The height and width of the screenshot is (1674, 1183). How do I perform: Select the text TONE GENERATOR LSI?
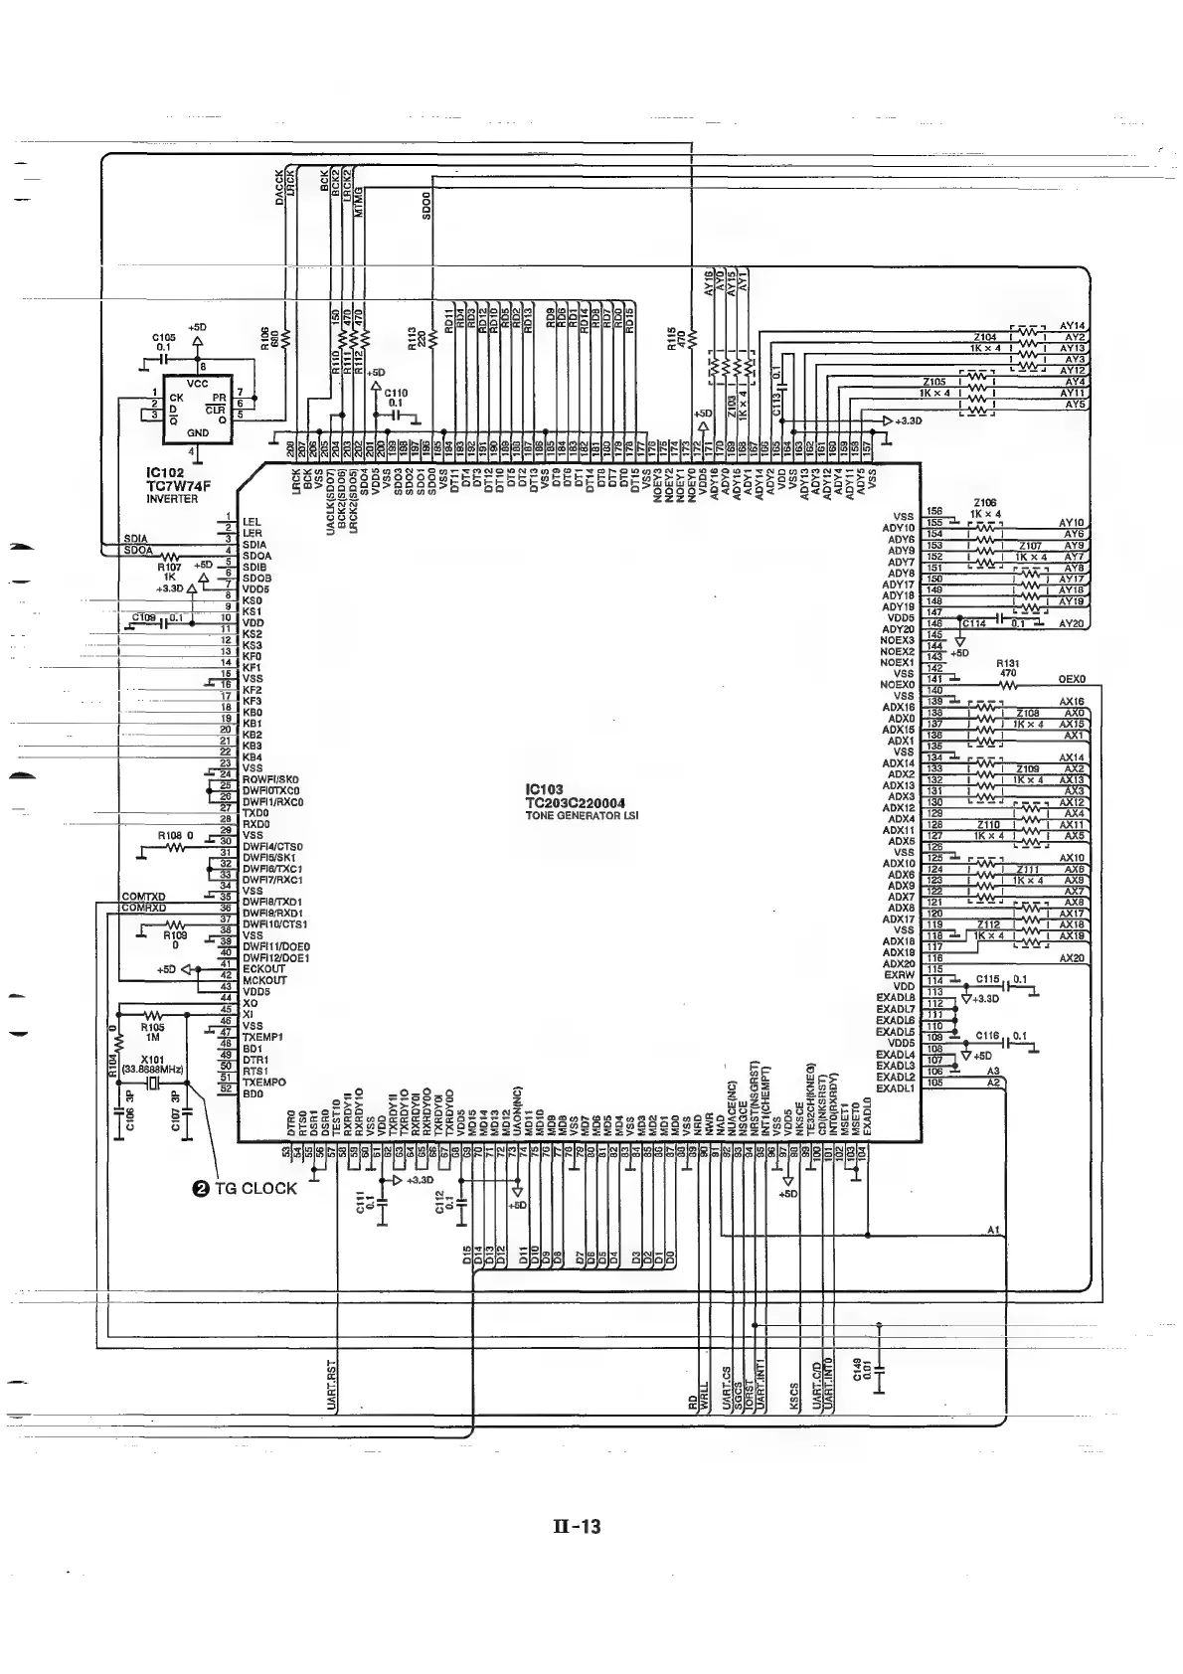pyautogui.click(x=582, y=816)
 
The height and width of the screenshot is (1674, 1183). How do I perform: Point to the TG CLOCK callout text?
pyautogui.click(x=255, y=1188)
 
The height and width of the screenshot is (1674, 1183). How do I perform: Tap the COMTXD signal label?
pyautogui.click(x=142, y=897)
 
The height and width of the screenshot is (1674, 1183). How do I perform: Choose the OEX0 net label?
pyautogui.click(x=1072, y=680)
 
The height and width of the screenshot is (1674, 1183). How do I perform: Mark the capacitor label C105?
pyautogui.click(x=163, y=338)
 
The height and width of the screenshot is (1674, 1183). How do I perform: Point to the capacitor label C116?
pyautogui.click(x=987, y=1036)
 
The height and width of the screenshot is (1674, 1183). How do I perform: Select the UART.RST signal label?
pyautogui.click(x=332, y=1385)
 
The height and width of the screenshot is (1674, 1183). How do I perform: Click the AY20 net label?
pyautogui.click(x=1072, y=623)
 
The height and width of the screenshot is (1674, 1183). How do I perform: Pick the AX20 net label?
pyautogui.click(x=1072, y=958)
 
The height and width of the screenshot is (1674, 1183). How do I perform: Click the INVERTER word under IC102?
pyautogui.click(x=171, y=499)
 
